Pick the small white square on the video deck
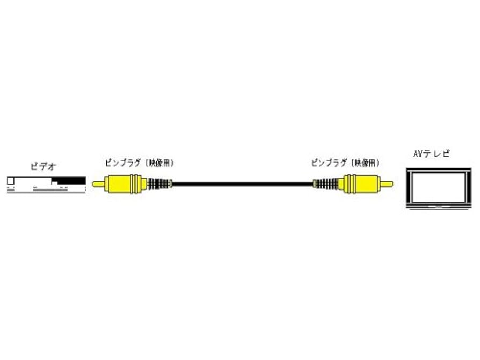pos(10,181)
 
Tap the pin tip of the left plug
pos(97,184)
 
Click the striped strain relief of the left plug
pos(158,184)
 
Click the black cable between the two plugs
pos(242,184)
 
